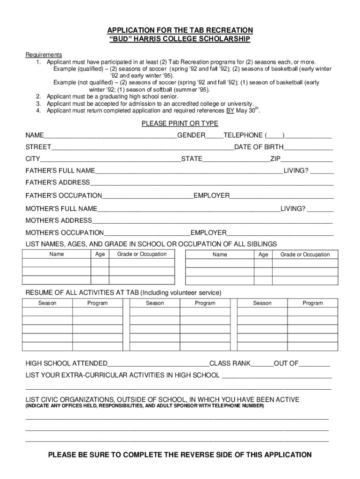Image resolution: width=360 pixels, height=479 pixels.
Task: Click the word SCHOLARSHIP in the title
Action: click(221, 39)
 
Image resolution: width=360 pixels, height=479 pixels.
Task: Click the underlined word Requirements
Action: click(43, 55)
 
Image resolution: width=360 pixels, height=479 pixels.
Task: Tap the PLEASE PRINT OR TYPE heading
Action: click(180, 123)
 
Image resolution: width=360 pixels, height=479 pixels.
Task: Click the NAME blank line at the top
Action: click(110, 136)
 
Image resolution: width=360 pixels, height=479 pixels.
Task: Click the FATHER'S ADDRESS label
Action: click(58, 182)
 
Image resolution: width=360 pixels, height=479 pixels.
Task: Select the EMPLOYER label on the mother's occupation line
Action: click(209, 232)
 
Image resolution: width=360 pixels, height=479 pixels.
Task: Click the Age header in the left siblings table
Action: click(100, 254)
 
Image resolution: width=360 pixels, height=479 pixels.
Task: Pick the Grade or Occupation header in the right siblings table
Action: click(305, 254)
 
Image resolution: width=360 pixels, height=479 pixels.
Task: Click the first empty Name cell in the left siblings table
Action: click(57, 263)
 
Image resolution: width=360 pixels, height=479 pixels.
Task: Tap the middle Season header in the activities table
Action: click(155, 303)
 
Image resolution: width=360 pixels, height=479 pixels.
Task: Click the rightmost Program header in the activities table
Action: click(312, 303)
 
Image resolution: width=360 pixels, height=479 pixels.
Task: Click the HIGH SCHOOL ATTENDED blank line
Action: click(158, 364)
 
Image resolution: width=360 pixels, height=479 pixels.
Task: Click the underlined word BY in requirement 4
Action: click(230, 111)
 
